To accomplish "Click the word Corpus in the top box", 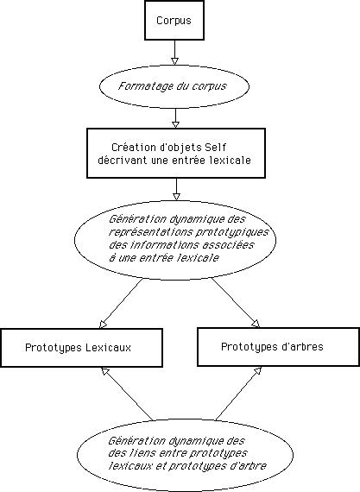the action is click(174, 21).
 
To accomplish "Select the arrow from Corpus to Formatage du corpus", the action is click(174, 53).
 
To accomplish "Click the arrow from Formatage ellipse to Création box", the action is click(176, 118).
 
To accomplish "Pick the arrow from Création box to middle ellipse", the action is click(176, 189).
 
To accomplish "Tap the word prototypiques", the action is click(232, 232).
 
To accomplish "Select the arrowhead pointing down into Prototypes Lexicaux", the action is click(103, 325).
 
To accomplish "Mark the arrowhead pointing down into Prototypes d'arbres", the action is click(256, 324).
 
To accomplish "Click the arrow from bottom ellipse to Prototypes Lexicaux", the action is click(127, 394).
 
